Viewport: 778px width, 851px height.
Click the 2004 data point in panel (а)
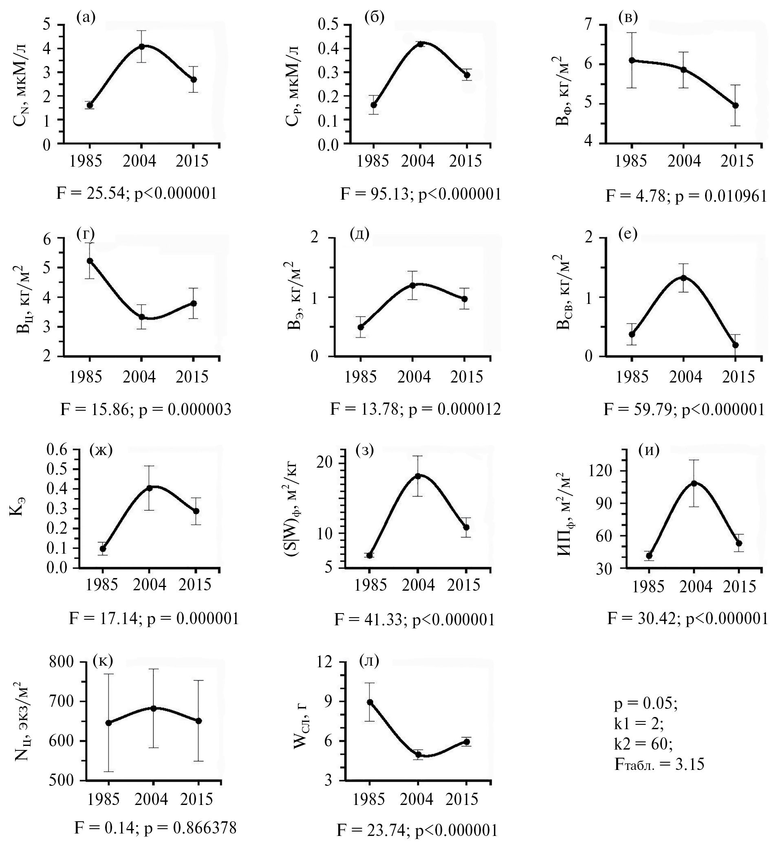point(142,46)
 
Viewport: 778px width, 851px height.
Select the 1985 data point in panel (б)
point(373,105)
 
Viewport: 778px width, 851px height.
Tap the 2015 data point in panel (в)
point(735,106)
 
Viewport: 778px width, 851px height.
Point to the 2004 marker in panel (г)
point(142,317)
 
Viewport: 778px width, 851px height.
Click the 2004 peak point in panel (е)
point(684,278)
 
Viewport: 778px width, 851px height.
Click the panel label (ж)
point(101,451)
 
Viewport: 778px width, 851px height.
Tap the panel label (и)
point(649,451)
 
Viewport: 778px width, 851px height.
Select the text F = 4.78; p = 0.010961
point(686,196)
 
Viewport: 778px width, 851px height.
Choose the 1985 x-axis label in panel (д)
point(361,376)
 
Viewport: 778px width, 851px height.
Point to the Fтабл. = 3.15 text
point(659,764)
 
